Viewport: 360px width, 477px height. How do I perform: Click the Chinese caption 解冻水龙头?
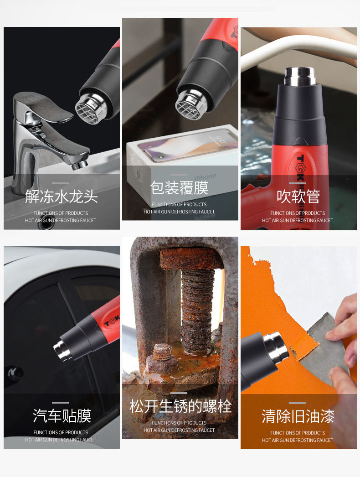[62, 197]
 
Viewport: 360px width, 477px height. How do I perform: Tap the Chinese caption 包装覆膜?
[180, 188]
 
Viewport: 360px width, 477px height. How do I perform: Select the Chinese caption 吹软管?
[298, 197]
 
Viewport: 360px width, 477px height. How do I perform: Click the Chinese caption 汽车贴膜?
[62, 416]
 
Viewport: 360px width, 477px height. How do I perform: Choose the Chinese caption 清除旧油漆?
[298, 416]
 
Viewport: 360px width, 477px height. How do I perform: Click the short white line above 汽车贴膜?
[61, 403]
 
